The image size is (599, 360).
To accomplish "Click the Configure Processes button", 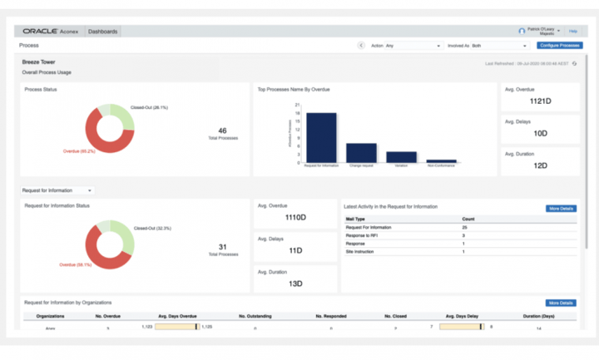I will point(559,46).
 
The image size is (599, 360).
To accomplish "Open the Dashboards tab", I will point(103,32).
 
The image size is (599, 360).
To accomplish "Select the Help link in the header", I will point(573,31).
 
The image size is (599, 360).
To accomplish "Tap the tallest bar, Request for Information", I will point(321,136).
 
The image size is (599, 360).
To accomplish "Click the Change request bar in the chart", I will point(361,152).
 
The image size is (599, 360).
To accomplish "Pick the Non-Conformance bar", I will point(441,160).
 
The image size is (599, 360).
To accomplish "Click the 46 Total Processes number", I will point(222,131).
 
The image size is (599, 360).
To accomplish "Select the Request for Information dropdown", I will point(58,190).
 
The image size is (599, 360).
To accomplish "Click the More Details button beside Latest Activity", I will point(562,209).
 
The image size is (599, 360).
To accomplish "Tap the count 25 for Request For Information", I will point(464,227).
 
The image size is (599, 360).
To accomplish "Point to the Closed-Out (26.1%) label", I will point(149,107).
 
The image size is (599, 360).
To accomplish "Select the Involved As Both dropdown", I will point(487,46).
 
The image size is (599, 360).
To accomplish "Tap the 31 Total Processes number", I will point(222,246).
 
